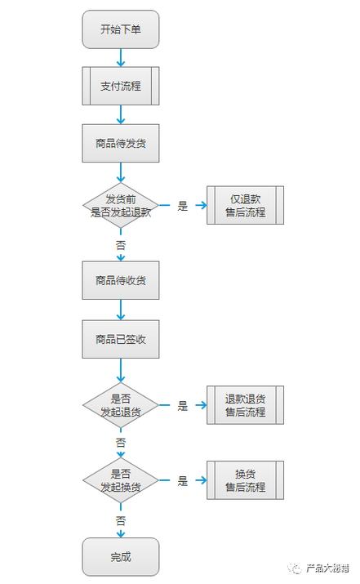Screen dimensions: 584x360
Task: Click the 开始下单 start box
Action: (120, 29)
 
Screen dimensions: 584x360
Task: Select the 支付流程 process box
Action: (120, 86)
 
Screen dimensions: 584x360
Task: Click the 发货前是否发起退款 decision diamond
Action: (120, 205)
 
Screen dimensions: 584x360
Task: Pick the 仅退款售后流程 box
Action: (245, 205)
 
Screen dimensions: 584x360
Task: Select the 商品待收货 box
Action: (120, 281)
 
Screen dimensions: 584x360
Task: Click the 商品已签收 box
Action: (120, 338)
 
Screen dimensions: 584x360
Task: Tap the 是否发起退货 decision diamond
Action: (120, 405)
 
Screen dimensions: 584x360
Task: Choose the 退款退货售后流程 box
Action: (245, 405)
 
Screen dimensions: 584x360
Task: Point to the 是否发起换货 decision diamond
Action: (120, 480)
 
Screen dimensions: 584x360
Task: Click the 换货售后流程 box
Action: (245, 480)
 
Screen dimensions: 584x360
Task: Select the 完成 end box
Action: (120, 557)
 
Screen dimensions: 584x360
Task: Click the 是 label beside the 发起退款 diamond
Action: (183, 206)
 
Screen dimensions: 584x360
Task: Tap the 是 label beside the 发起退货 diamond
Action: (183, 406)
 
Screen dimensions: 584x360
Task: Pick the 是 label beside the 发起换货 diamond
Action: (183, 481)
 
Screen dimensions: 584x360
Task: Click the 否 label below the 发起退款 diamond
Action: (121, 244)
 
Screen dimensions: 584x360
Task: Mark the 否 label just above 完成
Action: (121, 519)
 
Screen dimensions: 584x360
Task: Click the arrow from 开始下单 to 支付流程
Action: (121, 57)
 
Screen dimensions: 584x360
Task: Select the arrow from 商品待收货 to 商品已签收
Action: (121, 310)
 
